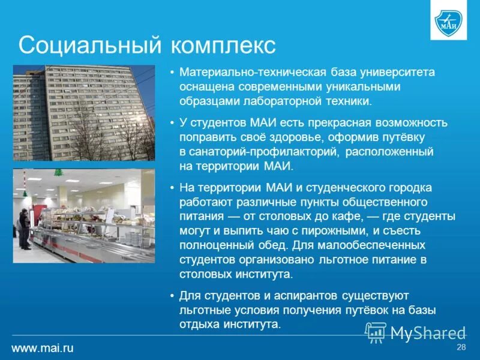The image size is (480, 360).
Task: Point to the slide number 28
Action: [461, 348]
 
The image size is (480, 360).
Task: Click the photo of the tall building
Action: [83, 113]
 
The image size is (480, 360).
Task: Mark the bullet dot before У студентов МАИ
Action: [172, 123]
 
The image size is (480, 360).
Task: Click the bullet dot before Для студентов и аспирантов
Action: [172, 296]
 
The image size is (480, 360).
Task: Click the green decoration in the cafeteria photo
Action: [58, 172]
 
